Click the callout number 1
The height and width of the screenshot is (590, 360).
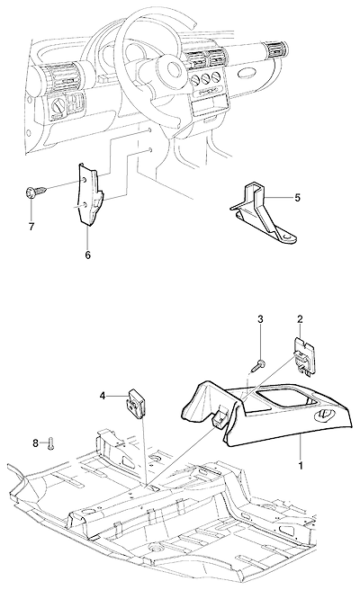click(x=301, y=466)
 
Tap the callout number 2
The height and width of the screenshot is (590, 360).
click(x=300, y=319)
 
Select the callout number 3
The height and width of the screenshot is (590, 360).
click(x=260, y=319)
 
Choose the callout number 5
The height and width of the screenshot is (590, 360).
click(x=298, y=198)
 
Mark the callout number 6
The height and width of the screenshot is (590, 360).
click(x=87, y=255)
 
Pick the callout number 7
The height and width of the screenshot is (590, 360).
click(x=31, y=227)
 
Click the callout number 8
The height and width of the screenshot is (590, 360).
click(x=36, y=443)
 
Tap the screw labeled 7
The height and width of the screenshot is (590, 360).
click(x=36, y=192)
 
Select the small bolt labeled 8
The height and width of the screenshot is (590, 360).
click(x=50, y=442)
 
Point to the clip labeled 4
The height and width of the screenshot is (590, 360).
click(x=135, y=403)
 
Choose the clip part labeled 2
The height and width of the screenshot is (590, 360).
click(x=304, y=353)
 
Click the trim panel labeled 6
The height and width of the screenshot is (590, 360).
click(x=90, y=196)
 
